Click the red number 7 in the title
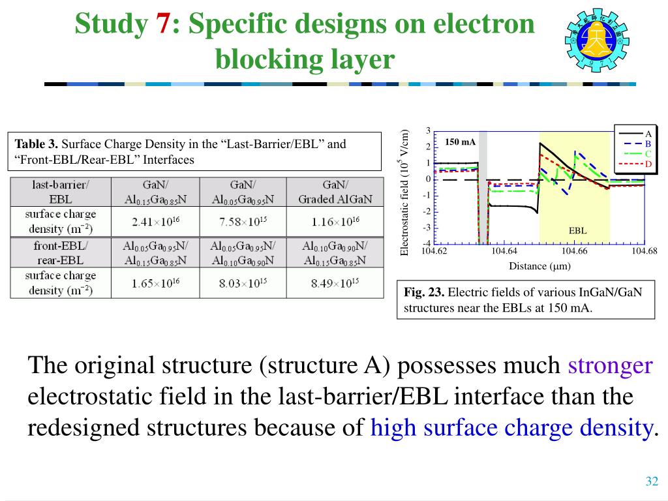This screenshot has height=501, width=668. [162, 25]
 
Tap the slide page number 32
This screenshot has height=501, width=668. [651, 481]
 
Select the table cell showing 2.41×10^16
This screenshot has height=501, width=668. [155, 222]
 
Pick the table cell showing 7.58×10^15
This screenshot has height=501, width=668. [243, 222]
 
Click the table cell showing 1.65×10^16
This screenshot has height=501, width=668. [155, 283]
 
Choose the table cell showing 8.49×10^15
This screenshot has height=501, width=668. [335, 283]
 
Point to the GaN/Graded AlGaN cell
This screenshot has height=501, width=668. [335, 192]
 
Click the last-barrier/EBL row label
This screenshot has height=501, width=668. [61, 192]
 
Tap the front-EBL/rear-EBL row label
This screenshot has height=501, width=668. [61, 253]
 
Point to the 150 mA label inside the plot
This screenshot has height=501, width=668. [460, 142]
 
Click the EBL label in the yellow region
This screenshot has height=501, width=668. [577, 230]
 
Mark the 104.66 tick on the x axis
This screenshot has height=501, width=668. [574, 251]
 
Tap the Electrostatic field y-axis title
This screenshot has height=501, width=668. [404, 193]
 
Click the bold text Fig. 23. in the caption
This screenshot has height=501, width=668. [424, 292]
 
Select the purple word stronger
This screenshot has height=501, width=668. [610, 365]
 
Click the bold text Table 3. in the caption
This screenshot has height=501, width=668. [37, 144]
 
